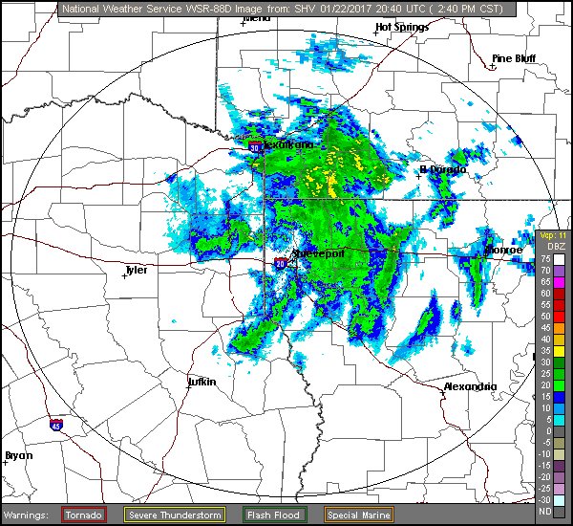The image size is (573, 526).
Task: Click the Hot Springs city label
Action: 402,27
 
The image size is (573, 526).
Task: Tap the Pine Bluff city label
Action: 513,58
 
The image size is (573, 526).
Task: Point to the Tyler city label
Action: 137,270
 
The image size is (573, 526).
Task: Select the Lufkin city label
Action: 202,382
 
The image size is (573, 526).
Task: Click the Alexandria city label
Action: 471,386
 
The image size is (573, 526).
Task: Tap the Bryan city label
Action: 18,455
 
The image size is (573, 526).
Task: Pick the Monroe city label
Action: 504,250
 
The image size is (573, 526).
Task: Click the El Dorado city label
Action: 443,169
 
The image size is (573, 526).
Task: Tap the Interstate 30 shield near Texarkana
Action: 255,148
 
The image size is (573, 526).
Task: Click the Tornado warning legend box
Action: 84,515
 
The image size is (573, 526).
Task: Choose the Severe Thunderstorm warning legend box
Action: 175,515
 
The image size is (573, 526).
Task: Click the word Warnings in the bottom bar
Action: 29,515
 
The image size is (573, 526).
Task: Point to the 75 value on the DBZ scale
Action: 544,258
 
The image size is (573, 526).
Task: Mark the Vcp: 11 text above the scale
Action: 552,235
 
